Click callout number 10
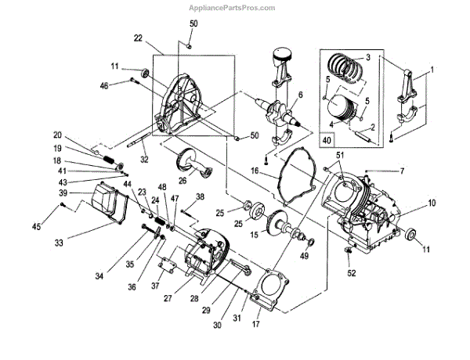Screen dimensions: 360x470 (431, 203)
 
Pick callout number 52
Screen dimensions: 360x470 (352, 272)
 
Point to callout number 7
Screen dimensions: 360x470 (403, 171)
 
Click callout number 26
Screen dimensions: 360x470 (182, 180)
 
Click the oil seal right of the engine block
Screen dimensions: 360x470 (410, 232)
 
